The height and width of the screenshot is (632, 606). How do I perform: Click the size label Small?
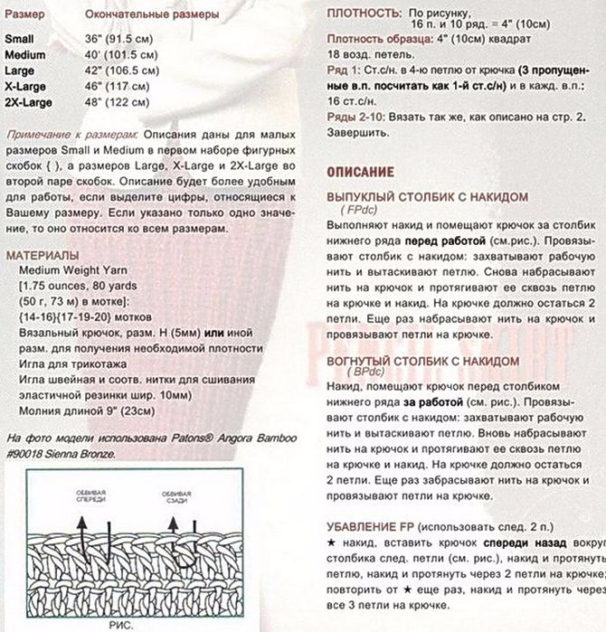(x=20, y=41)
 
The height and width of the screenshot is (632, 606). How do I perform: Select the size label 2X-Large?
(x=28, y=102)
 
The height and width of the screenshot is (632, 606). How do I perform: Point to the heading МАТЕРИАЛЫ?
(x=42, y=255)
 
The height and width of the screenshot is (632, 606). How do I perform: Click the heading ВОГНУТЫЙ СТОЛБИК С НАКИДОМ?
(x=423, y=361)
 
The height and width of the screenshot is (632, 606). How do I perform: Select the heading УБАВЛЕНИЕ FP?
(x=370, y=526)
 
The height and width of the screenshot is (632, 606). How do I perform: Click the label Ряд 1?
(x=345, y=70)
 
